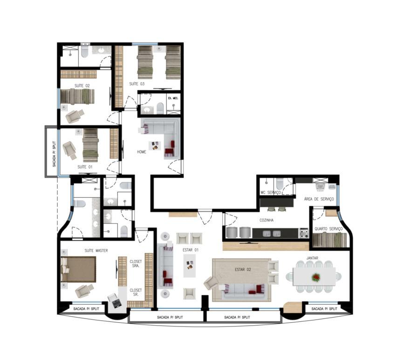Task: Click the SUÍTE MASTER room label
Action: [x=96, y=250]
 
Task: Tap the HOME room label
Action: [x=142, y=152]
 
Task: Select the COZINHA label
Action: [x=266, y=220]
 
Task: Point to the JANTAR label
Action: [x=312, y=258]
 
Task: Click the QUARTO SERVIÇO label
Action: [x=328, y=228]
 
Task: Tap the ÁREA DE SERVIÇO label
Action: [x=319, y=199]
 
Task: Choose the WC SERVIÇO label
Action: [x=270, y=193]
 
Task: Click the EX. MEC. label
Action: [x=173, y=98]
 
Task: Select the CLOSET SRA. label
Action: [x=136, y=263]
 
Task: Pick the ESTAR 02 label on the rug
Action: [x=243, y=270]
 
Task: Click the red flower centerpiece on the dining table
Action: [x=316, y=277]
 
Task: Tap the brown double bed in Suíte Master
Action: [x=78, y=270]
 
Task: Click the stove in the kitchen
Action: [x=304, y=233]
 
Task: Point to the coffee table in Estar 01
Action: [x=190, y=265]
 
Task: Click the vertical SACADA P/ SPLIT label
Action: [x=54, y=154]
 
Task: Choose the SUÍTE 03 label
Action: [x=137, y=84]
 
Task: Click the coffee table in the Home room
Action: [x=155, y=146]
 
